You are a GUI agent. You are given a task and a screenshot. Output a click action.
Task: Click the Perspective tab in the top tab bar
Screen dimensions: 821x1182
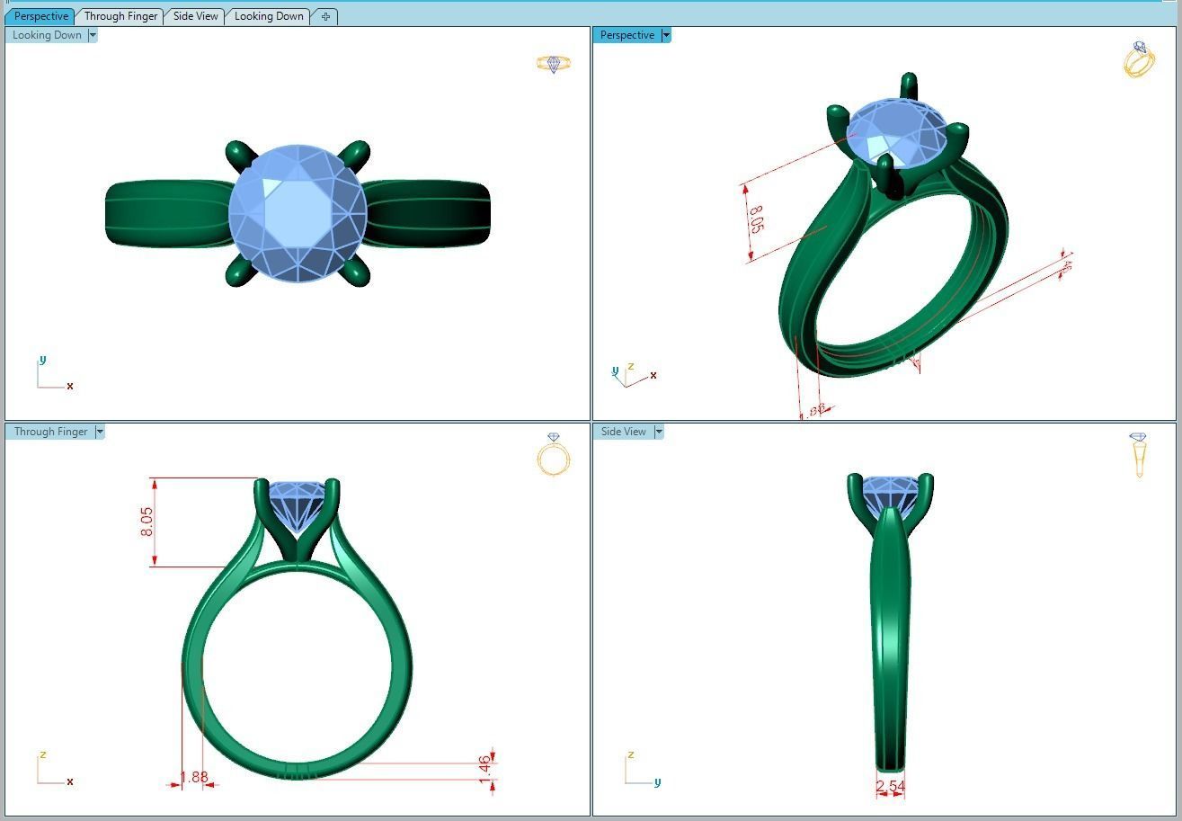pyautogui.click(x=41, y=16)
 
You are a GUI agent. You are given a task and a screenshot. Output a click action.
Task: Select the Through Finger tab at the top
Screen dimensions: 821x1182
pyautogui.click(x=120, y=16)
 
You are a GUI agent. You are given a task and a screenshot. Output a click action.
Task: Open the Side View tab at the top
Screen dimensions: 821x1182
pyautogui.click(x=195, y=16)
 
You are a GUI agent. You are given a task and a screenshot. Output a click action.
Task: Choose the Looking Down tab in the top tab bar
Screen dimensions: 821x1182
pyautogui.click(x=269, y=16)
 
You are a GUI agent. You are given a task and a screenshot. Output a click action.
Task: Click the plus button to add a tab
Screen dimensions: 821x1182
pyautogui.click(x=325, y=16)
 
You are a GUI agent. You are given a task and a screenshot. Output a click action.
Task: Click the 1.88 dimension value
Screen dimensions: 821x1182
pyautogui.click(x=193, y=777)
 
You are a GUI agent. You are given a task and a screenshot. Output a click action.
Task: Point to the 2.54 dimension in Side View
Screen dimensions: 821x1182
pyautogui.click(x=890, y=787)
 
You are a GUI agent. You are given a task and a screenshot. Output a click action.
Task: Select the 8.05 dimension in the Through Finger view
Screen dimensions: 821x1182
pyautogui.click(x=147, y=522)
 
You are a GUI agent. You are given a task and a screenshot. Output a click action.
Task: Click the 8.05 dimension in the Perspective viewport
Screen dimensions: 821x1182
pyautogui.click(x=756, y=219)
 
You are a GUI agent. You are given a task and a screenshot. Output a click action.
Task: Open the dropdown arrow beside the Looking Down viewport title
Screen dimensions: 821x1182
pyautogui.click(x=93, y=35)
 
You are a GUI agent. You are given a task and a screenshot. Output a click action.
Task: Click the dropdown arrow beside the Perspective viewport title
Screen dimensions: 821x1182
pyautogui.click(x=666, y=35)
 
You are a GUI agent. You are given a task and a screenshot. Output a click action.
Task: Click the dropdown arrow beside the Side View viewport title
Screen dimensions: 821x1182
pyautogui.click(x=659, y=432)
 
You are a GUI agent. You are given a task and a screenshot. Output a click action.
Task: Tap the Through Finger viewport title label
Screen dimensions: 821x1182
pyautogui.click(x=50, y=432)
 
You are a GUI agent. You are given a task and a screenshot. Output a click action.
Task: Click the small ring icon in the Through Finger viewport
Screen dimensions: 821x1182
pyautogui.click(x=554, y=454)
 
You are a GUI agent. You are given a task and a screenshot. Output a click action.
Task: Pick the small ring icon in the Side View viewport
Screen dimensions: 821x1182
pyautogui.click(x=1139, y=454)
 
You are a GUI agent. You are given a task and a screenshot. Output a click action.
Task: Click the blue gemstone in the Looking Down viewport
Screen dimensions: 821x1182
pyautogui.click(x=298, y=213)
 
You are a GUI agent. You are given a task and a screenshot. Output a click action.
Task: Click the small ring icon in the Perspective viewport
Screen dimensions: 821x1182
pyautogui.click(x=1139, y=59)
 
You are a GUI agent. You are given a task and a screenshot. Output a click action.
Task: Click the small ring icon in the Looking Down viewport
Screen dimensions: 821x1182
pyautogui.click(x=553, y=64)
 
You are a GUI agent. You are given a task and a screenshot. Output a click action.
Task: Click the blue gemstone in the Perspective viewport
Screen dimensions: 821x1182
pyautogui.click(x=897, y=132)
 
